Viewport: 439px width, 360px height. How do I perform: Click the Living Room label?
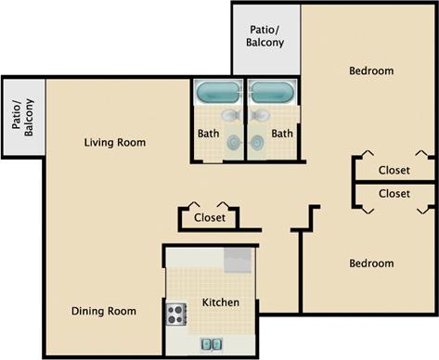point(115,142)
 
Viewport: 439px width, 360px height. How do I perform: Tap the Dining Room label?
point(104,311)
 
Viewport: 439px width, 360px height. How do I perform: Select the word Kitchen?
point(221,302)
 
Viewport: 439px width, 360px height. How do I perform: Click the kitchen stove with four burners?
point(175,315)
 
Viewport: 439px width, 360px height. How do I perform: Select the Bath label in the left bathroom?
point(209,134)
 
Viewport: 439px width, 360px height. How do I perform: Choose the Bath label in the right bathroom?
point(282,134)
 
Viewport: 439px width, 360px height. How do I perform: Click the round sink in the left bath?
point(233,140)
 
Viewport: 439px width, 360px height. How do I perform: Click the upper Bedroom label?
point(371,71)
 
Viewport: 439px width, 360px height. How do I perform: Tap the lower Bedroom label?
point(371,264)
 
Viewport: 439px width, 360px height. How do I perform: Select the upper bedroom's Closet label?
point(395,170)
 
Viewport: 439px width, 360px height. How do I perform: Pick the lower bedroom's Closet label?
point(395,194)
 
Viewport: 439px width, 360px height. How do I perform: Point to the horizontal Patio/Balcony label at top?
point(265,36)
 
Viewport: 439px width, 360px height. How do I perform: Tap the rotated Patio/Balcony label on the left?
point(21,117)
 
